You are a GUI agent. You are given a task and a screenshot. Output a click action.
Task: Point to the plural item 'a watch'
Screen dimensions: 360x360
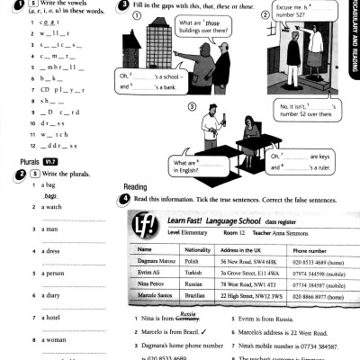[51, 207]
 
